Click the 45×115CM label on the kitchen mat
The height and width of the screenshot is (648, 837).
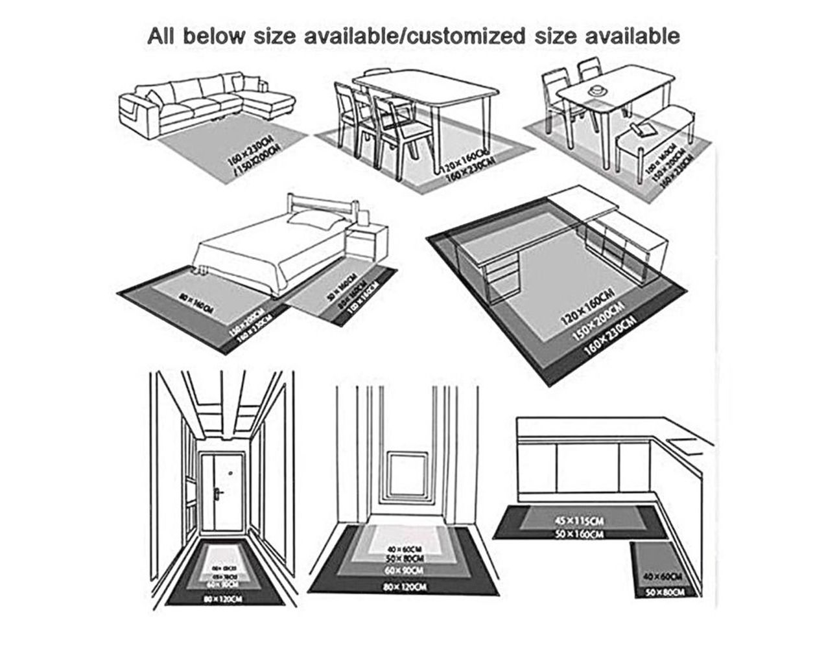pos(579,520)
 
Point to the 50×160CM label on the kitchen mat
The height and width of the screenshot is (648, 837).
pos(579,534)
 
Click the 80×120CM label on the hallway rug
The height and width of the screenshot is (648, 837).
pos(222,599)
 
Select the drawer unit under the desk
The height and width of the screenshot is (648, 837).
pos(500,278)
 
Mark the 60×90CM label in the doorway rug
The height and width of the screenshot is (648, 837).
pos(404,570)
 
